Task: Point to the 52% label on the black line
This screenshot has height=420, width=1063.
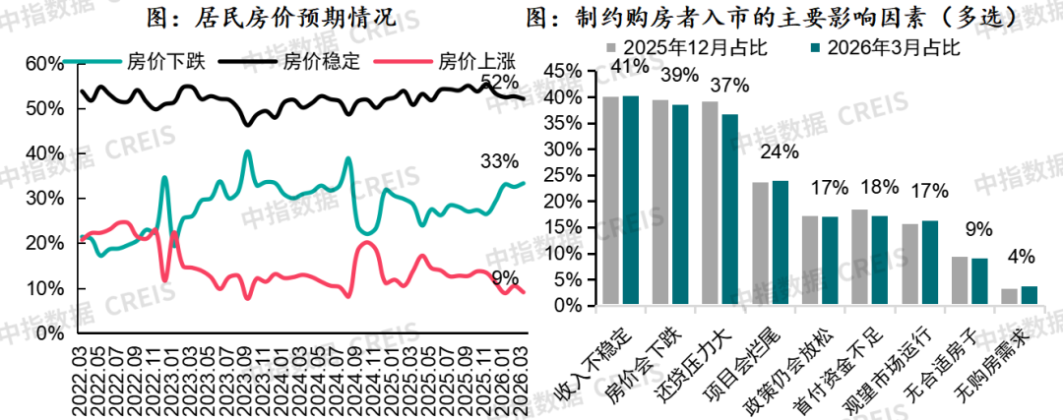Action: tap(499, 81)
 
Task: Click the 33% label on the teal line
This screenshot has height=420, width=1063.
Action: tap(499, 161)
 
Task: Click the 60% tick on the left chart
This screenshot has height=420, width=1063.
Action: tap(43, 63)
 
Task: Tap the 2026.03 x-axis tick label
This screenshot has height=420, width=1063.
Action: tap(522, 365)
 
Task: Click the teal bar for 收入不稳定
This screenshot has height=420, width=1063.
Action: tap(631, 201)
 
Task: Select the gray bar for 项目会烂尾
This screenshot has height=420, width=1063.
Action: tap(760, 244)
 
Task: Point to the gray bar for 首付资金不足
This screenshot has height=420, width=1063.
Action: tap(859, 258)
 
